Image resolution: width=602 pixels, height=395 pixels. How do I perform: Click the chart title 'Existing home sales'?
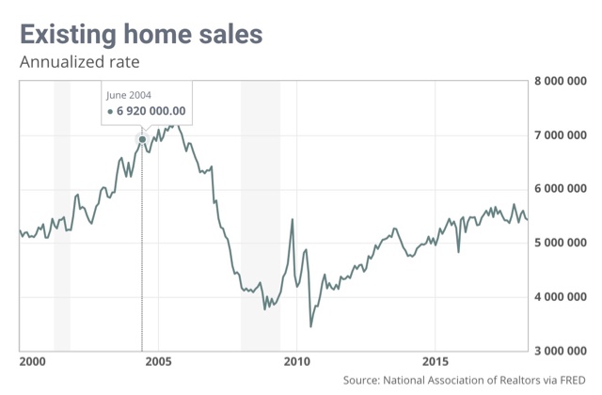pyautogui.click(x=140, y=36)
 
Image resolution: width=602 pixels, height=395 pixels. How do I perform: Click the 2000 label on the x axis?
pyautogui.click(x=32, y=362)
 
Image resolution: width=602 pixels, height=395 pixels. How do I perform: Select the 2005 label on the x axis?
pyautogui.click(x=158, y=362)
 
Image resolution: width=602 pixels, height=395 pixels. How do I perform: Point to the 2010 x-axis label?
pyautogui.click(x=296, y=362)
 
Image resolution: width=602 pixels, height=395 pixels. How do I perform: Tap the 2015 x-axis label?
pyautogui.click(x=435, y=362)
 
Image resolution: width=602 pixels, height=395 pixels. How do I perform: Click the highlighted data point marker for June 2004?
pyautogui.click(x=142, y=139)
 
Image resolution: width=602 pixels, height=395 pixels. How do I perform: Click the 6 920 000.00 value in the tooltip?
pyautogui.click(x=151, y=111)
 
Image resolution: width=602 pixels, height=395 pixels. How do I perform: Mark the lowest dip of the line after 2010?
pyautogui.click(x=311, y=326)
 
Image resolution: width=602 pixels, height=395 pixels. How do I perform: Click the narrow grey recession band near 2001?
pyautogui.click(x=62, y=216)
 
